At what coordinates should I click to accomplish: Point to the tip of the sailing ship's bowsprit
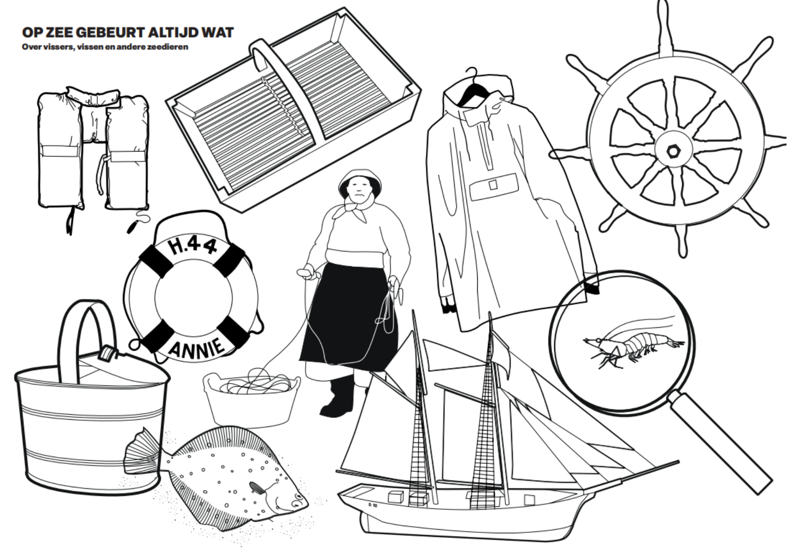pos(678,461)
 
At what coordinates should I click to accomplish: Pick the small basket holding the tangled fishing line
pos(251,396)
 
